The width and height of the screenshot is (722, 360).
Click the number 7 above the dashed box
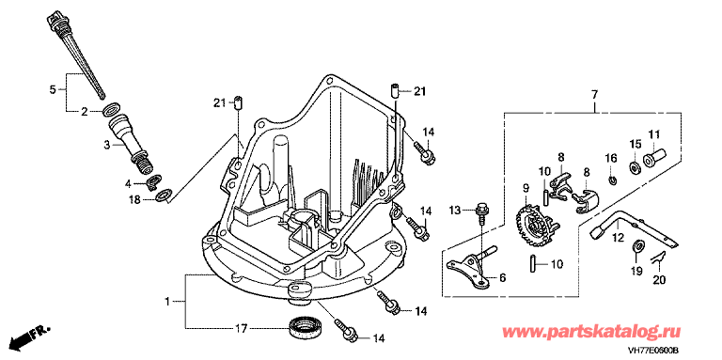tap(594, 95)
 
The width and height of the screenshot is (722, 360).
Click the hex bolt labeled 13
tap(481, 211)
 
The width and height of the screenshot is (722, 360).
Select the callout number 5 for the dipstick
tap(53, 89)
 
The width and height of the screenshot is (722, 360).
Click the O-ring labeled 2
tap(110, 111)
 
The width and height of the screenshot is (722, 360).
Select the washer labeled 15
tap(634, 167)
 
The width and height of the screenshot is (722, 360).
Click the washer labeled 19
tap(636, 245)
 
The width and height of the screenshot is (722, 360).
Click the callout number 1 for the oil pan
tap(168, 302)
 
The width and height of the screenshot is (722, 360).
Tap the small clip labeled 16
tap(611, 180)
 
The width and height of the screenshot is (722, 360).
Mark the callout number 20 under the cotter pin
tap(659, 279)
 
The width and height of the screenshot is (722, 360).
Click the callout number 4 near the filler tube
tap(130, 183)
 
